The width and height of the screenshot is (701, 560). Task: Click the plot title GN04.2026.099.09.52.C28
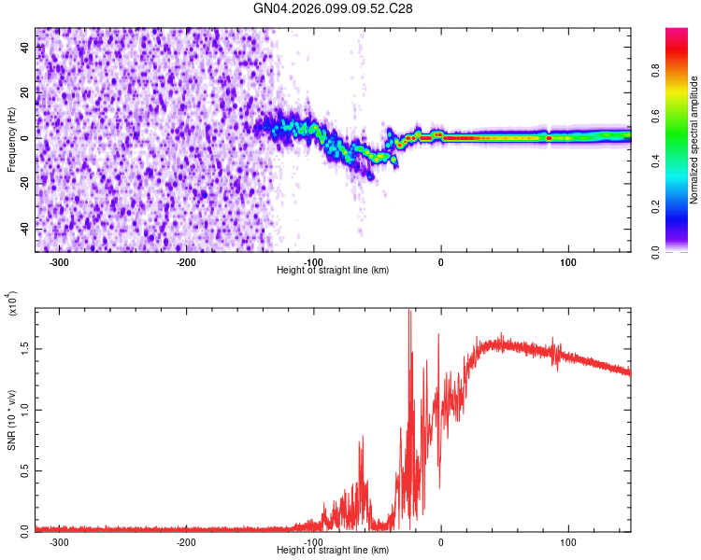[334, 8]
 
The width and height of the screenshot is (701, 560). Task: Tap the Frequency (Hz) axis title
[11, 140]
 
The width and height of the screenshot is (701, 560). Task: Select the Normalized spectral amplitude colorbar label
[694, 140]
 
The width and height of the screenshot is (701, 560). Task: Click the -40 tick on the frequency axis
[24, 228]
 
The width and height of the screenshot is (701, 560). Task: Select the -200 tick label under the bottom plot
[186, 541]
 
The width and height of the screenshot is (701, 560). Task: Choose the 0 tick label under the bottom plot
[441, 541]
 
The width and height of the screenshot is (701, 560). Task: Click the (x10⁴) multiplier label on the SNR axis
[12, 304]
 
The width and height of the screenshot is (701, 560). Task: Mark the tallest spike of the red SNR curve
[409, 313]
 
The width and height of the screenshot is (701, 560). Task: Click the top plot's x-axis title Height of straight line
[334, 270]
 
